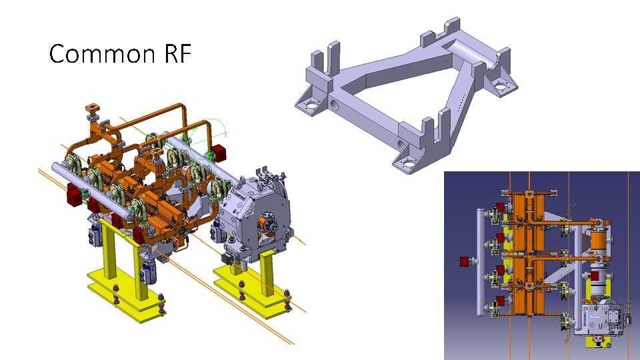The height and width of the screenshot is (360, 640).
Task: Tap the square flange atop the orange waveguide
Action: click(92, 107)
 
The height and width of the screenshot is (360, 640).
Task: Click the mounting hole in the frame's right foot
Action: click(499, 86)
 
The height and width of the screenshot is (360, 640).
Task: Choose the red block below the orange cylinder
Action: click(595, 275)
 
